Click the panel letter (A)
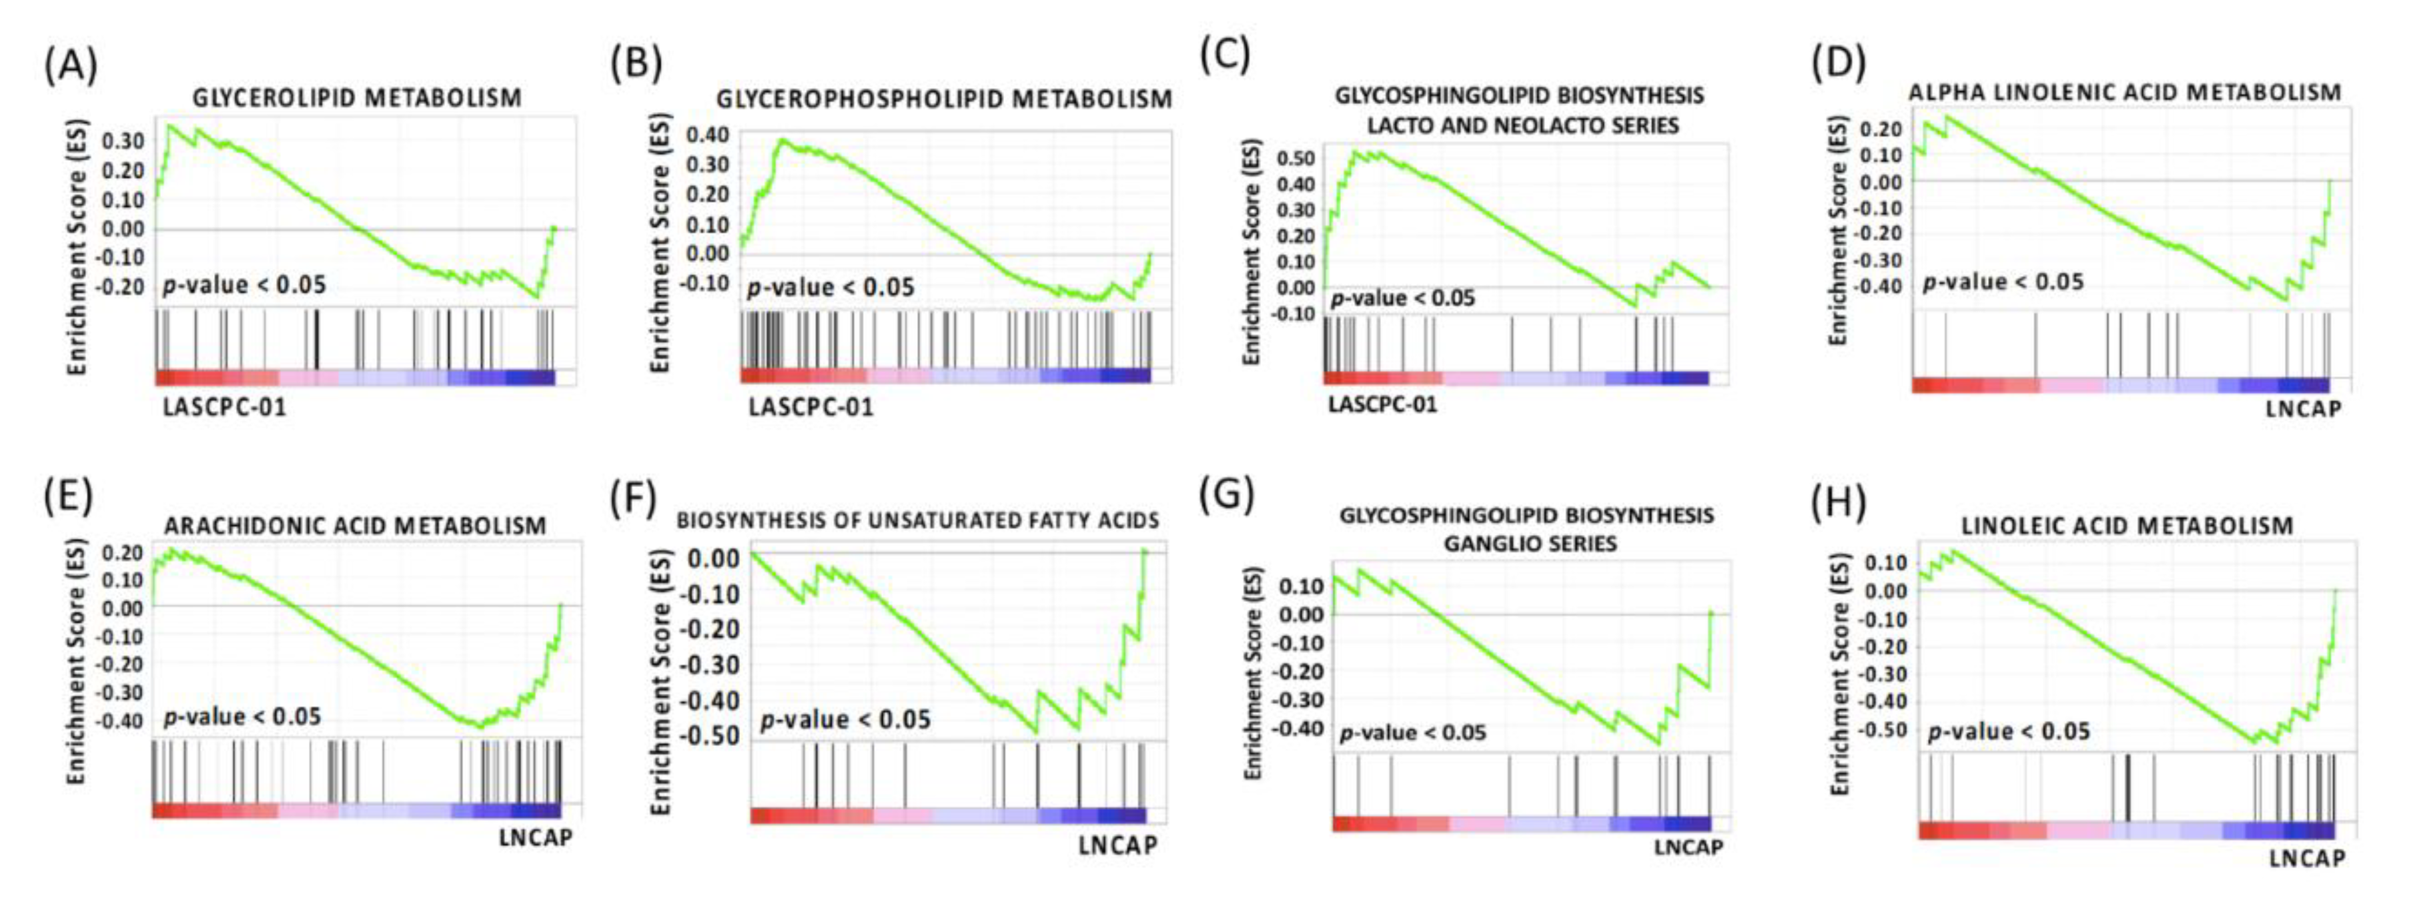tap(71, 66)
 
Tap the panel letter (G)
tap(1226, 494)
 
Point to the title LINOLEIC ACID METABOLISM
tap(2127, 526)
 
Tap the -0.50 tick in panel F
tap(712, 735)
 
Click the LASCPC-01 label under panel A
tap(224, 408)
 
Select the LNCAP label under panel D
tap(2304, 409)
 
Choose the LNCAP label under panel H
tap(2306, 858)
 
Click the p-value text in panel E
tap(242, 717)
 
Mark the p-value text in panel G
tap(1412, 733)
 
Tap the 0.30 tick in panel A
tap(123, 141)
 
